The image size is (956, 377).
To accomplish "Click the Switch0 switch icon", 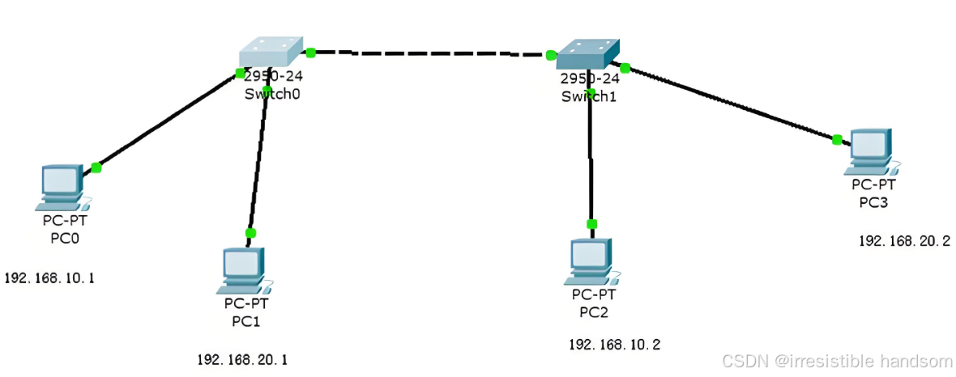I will [x=271, y=52].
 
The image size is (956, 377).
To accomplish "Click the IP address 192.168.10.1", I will [x=50, y=278].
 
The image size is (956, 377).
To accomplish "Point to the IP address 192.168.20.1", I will [x=242, y=359].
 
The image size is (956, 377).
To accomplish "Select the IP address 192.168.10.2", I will [x=614, y=345].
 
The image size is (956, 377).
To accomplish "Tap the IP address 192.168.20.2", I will [x=904, y=241].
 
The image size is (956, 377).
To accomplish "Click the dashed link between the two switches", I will [x=429, y=54].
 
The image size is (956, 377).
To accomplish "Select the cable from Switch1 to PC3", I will [x=729, y=103].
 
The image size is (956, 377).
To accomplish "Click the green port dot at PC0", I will [x=96, y=167].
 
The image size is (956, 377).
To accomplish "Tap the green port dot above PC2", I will [x=591, y=224].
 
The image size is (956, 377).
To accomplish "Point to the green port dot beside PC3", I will [x=837, y=140].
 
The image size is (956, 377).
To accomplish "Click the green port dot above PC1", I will [x=250, y=233].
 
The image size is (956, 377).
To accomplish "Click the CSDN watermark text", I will [x=836, y=361].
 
